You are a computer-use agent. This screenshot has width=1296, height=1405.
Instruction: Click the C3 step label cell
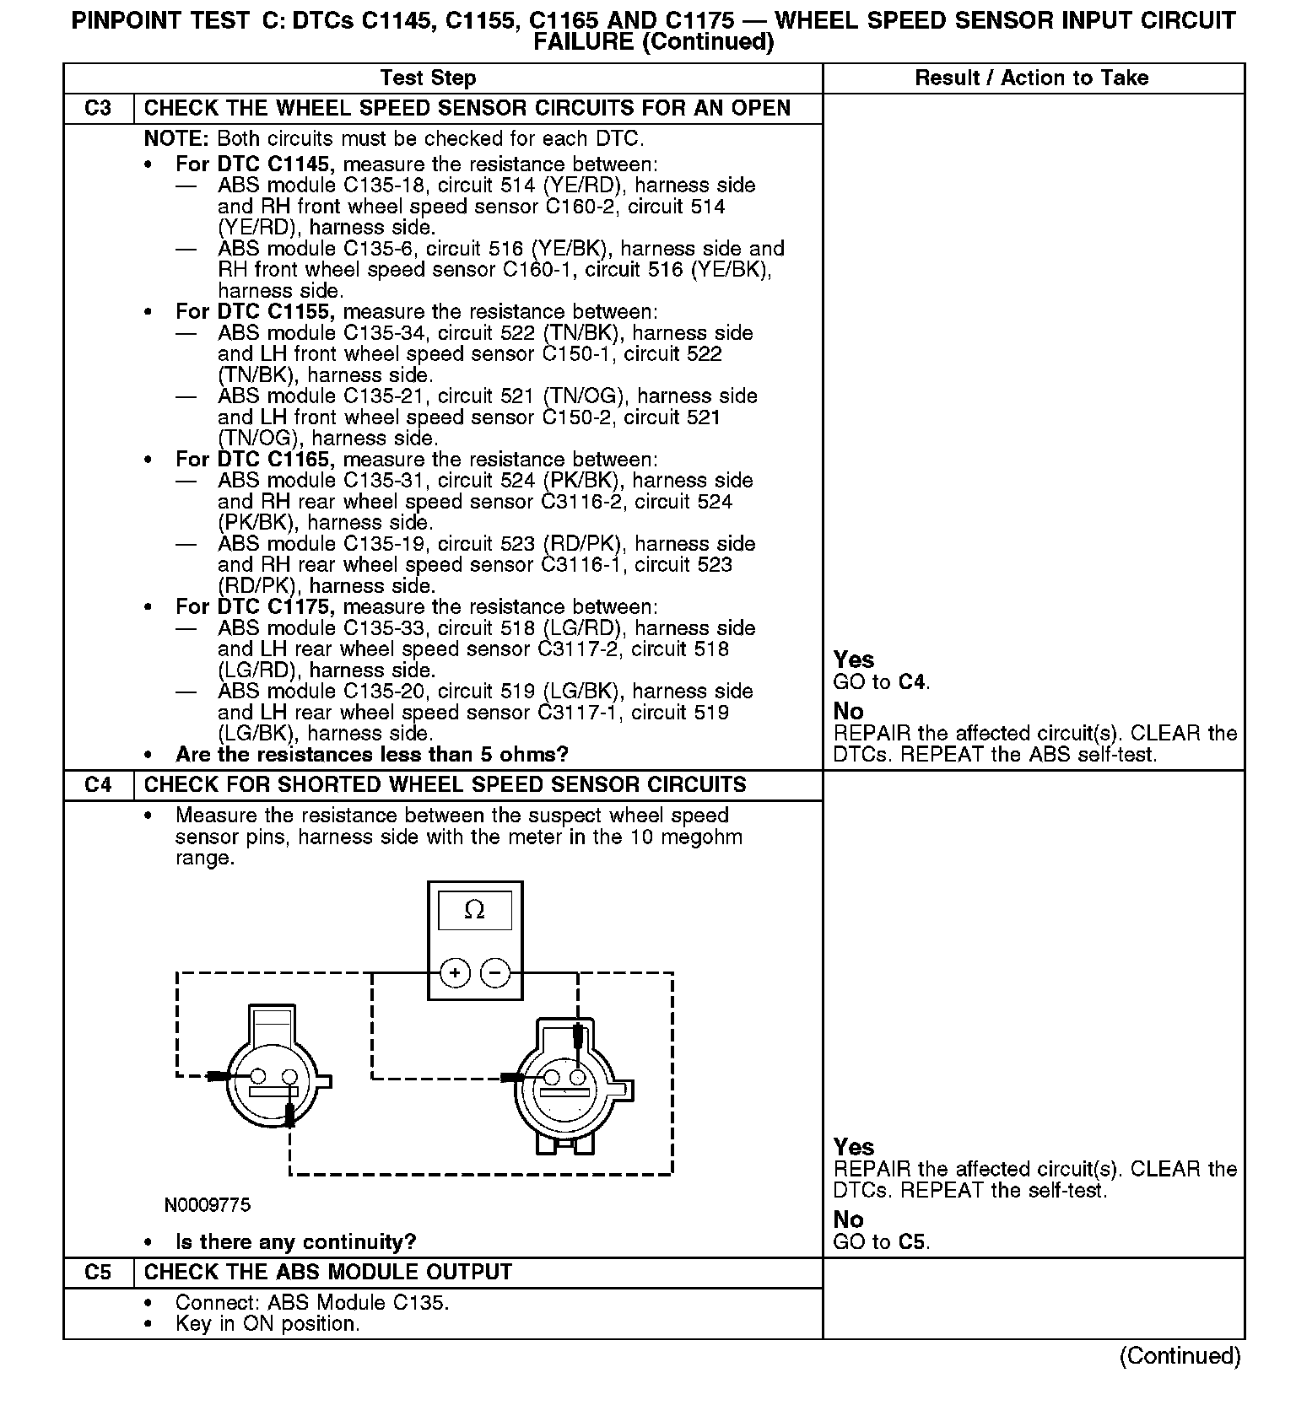coord(99,109)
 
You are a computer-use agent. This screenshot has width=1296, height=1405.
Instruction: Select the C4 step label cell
coord(99,785)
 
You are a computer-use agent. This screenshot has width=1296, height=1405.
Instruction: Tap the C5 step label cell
coord(99,1273)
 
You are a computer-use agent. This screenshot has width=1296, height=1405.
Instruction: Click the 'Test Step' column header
coord(428,78)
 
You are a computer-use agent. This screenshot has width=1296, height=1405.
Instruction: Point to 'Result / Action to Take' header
coord(1032,78)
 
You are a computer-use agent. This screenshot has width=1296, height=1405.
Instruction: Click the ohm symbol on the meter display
coord(475,910)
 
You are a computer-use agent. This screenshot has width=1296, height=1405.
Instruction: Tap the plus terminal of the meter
coord(456,973)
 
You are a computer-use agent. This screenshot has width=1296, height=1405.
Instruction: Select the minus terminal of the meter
coord(495,973)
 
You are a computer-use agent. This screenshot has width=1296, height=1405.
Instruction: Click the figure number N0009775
coord(208,1205)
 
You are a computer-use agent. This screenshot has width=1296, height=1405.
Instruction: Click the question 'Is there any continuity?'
coord(295,1242)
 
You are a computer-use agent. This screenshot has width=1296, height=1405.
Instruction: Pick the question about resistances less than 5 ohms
coord(371,755)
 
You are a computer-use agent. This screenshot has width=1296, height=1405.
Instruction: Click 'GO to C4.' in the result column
coord(882,682)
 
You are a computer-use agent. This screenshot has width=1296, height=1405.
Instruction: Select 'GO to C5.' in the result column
coord(882,1242)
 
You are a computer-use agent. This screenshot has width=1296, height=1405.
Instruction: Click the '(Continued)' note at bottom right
coord(1180,1356)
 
